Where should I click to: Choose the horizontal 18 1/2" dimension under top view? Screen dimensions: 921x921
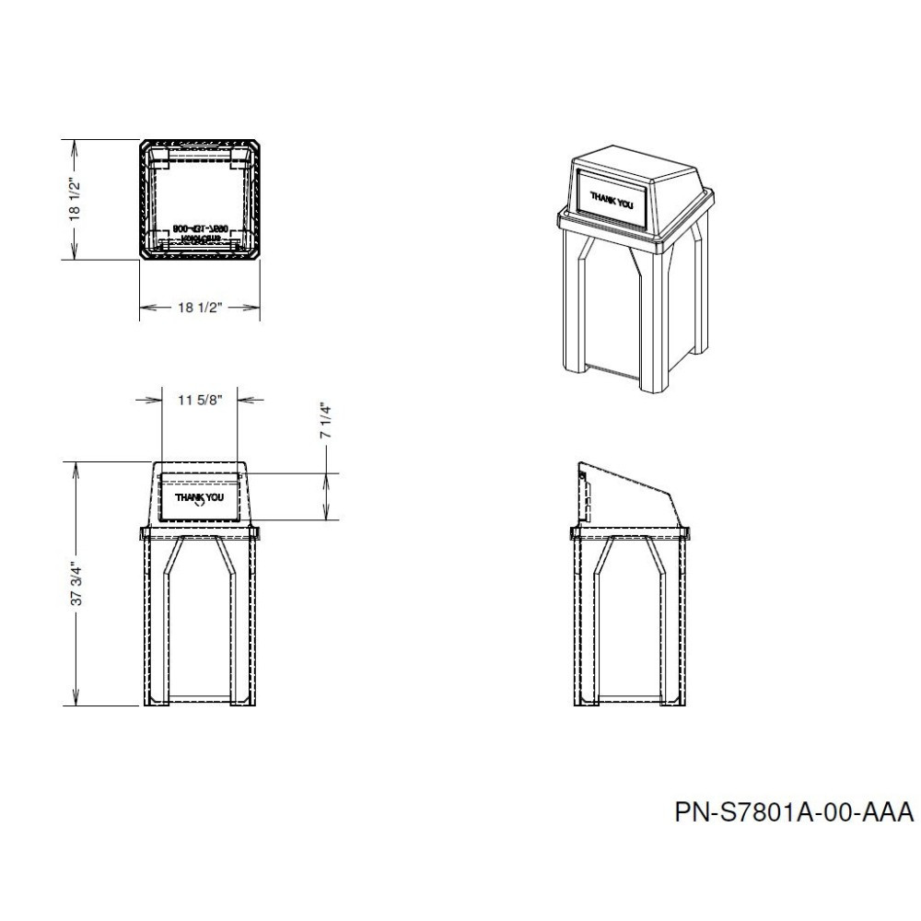199,308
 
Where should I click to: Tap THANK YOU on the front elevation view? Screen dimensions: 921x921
199,498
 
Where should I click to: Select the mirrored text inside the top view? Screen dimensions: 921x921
199,230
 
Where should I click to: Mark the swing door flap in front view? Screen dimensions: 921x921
199,498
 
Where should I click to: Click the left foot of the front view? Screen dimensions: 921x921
154,702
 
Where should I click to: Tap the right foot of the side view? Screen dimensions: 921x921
674,702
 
